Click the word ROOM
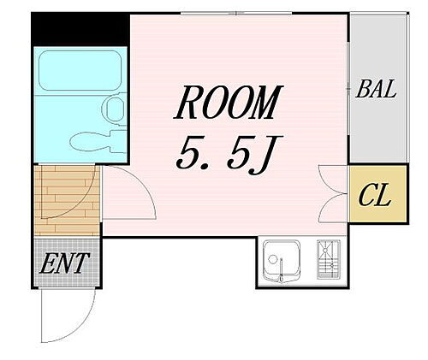click(227, 104)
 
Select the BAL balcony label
click(377, 89)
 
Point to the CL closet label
click(374, 198)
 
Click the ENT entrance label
click(63, 263)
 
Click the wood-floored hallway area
click(66, 200)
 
